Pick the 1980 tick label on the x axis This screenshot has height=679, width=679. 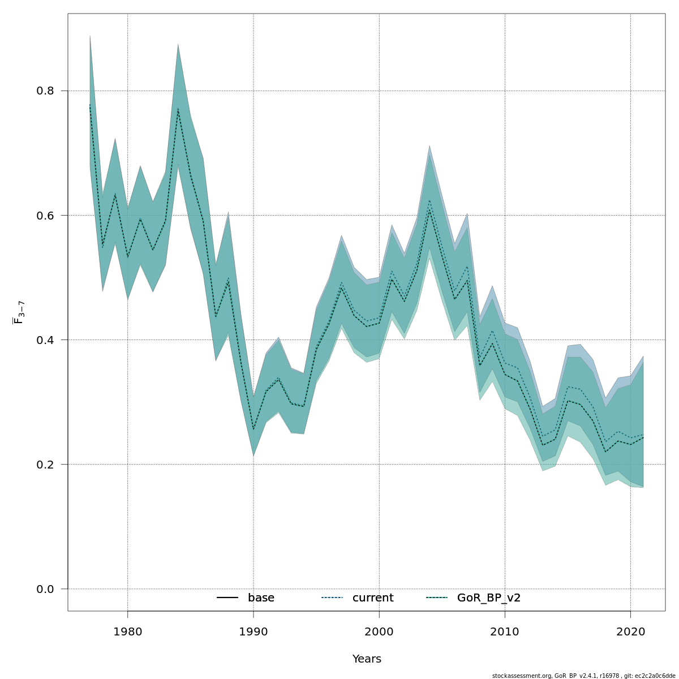point(127,631)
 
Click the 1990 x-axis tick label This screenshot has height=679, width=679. point(253,631)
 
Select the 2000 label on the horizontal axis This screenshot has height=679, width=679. point(379,631)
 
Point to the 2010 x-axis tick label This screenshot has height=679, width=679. point(505,631)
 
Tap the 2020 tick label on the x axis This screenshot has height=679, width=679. point(630,631)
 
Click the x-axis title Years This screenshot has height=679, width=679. point(367,659)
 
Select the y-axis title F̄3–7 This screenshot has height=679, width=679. point(19,312)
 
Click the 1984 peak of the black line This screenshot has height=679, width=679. point(178,109)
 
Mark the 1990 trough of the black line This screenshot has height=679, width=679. point(253,429)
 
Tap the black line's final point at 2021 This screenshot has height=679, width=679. point(643,437)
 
